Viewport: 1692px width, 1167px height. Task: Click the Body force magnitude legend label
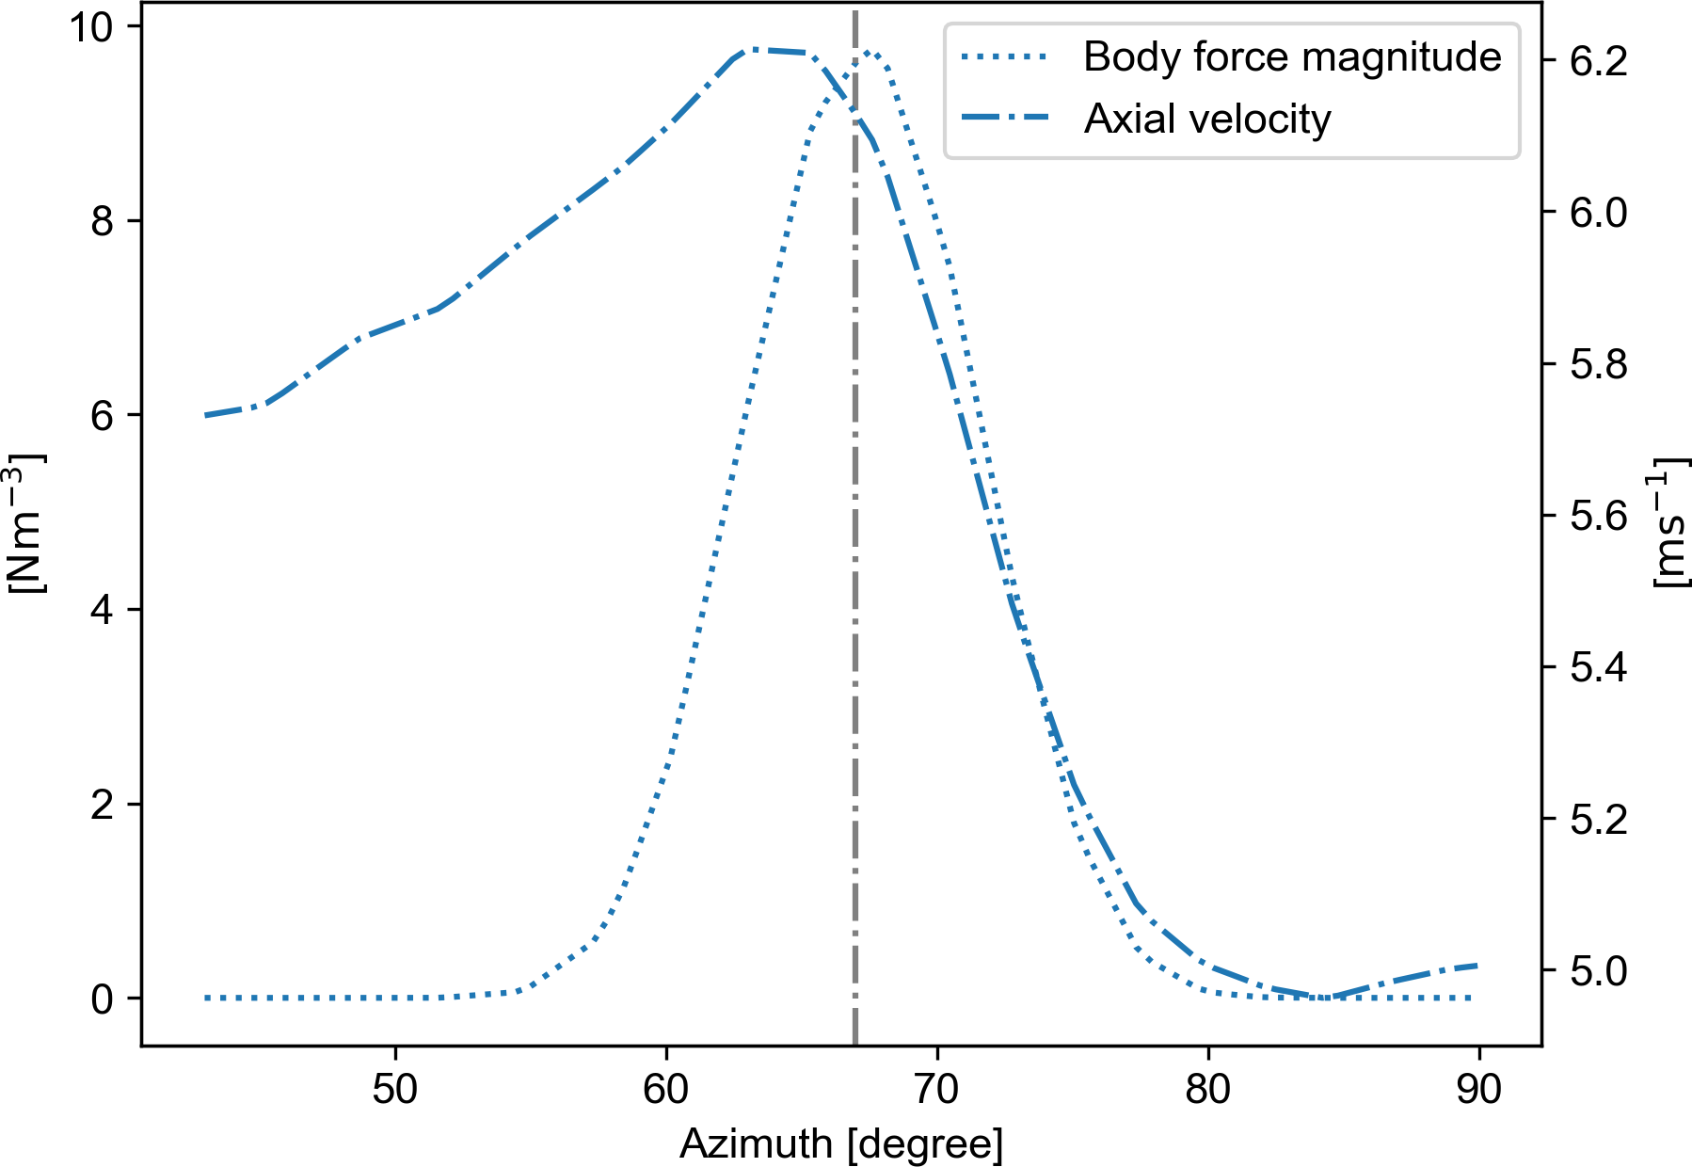(1291, 57)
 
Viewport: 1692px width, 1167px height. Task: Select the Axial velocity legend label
(1207, 120)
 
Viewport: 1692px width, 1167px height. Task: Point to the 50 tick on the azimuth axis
(395, 1089)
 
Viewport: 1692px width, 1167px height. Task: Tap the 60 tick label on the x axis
(666, 1089)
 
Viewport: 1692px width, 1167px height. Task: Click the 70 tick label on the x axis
(937, 1089)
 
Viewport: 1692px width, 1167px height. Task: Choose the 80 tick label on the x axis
(1208, 1089)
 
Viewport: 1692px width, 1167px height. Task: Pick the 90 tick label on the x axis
(1479, 1089)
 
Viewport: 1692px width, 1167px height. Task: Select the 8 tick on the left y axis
(103, 221)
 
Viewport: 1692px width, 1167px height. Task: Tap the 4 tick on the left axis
(103, 610)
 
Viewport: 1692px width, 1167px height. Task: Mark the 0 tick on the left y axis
(103, 999)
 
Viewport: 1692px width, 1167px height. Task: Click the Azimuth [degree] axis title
(841, 1144)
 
